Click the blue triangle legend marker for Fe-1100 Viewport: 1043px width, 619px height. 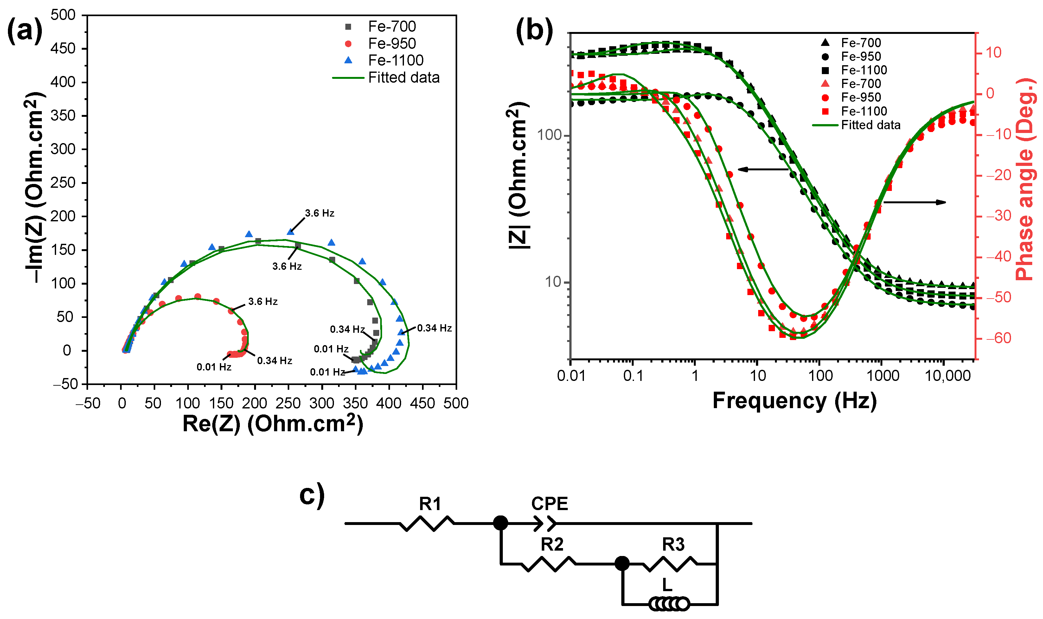(348, 60)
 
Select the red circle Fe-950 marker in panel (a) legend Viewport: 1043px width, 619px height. (348, 44)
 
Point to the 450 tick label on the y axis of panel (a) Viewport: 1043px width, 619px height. (63, 48)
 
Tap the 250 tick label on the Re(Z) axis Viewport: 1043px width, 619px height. (288, 403)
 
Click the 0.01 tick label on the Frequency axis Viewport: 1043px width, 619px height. (571, 376)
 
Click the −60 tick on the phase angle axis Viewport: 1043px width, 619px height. (999, 338)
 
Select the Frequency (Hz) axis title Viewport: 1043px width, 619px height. (794, 401)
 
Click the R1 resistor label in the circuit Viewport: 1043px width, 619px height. (430, 504)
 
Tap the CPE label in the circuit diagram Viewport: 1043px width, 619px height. (549, 503)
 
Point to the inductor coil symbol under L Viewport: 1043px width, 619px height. (669, 603)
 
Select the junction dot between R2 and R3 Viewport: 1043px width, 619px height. (622, 564)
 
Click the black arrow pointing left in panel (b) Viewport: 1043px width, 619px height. (762, 169)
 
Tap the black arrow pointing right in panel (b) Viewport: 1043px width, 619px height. (914, 202)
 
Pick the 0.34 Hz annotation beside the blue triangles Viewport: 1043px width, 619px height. (434, 328)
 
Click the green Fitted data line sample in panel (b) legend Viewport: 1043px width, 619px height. (825, 125)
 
